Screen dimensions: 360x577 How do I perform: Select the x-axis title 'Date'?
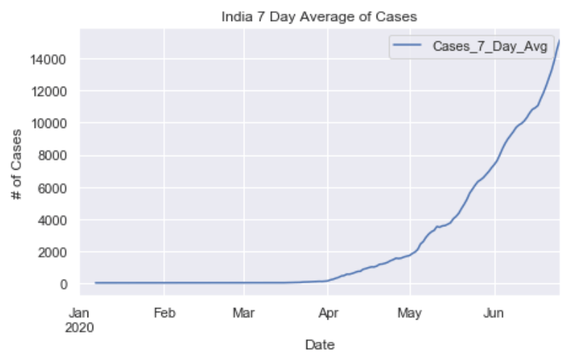point(319,345)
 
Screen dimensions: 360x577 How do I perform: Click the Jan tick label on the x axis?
point(80,313)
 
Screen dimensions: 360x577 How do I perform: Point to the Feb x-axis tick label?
point(164,313)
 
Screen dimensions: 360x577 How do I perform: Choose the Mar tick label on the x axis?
point(244,313)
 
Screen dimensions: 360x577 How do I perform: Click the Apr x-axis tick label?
point(328,313)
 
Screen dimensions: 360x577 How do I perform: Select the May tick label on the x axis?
point(410,313)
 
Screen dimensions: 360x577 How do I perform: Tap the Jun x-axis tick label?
point(495,313)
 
